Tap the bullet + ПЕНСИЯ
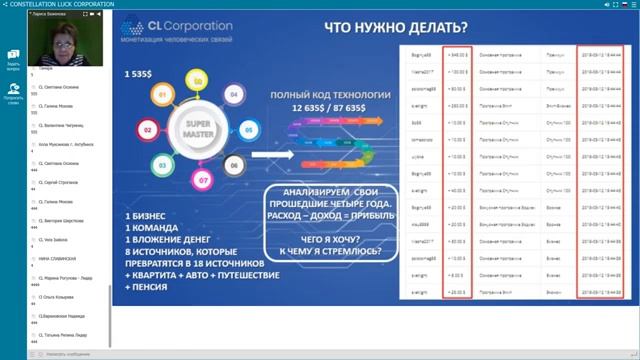pos(140,288)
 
